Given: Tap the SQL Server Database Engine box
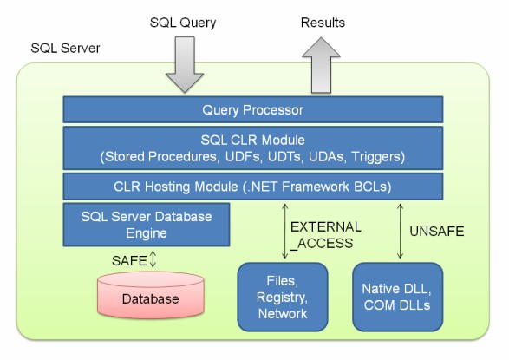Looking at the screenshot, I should tap(146, 224).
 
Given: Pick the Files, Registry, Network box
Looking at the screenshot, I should tap(283, 298).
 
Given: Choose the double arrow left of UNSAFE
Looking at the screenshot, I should tap(399, 230).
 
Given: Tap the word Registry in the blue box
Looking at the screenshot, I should tap(283, 298).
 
